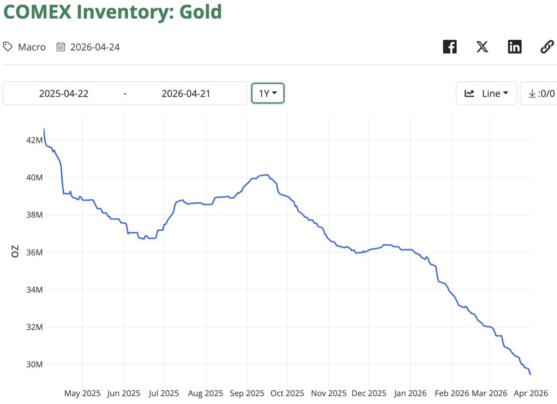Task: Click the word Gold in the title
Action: [x=198, y=12]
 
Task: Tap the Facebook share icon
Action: [x=449, y=47]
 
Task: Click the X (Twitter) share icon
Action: [x=482, y=47]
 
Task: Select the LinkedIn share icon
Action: [x=514, y=47]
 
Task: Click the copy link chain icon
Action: [x=547, y=47]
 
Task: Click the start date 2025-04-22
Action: [x=64, y=93]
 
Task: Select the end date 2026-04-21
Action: [x=186, y=93]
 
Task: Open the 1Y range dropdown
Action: [x=268, y=93]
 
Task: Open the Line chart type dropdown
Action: [x=486, y=93]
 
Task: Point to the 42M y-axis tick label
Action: [x=34, y=140]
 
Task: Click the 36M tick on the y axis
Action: [x=34, y=253]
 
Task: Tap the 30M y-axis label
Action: [x=34, y=365]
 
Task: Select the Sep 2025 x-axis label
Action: [x=247, y=393]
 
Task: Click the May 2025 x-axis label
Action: [x=82, y=393]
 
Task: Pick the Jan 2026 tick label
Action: [x=410, y=393]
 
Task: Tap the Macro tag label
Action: [x=31, y=47]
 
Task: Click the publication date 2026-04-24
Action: [x=95, y=47]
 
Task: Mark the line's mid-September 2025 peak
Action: [x=267, y=175]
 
